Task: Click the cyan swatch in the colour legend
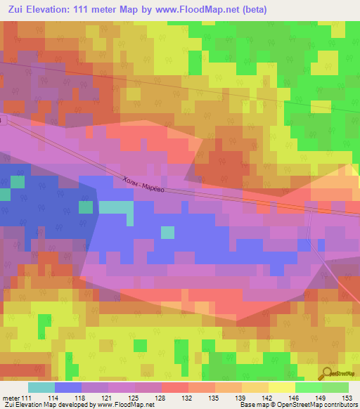click(41, 387)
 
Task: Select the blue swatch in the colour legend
click(68, 387)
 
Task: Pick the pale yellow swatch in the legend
click(282, 387)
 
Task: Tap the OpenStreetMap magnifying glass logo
click(327, 373)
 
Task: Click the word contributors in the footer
click(339, 405)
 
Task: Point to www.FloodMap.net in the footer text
click(113, 405)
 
